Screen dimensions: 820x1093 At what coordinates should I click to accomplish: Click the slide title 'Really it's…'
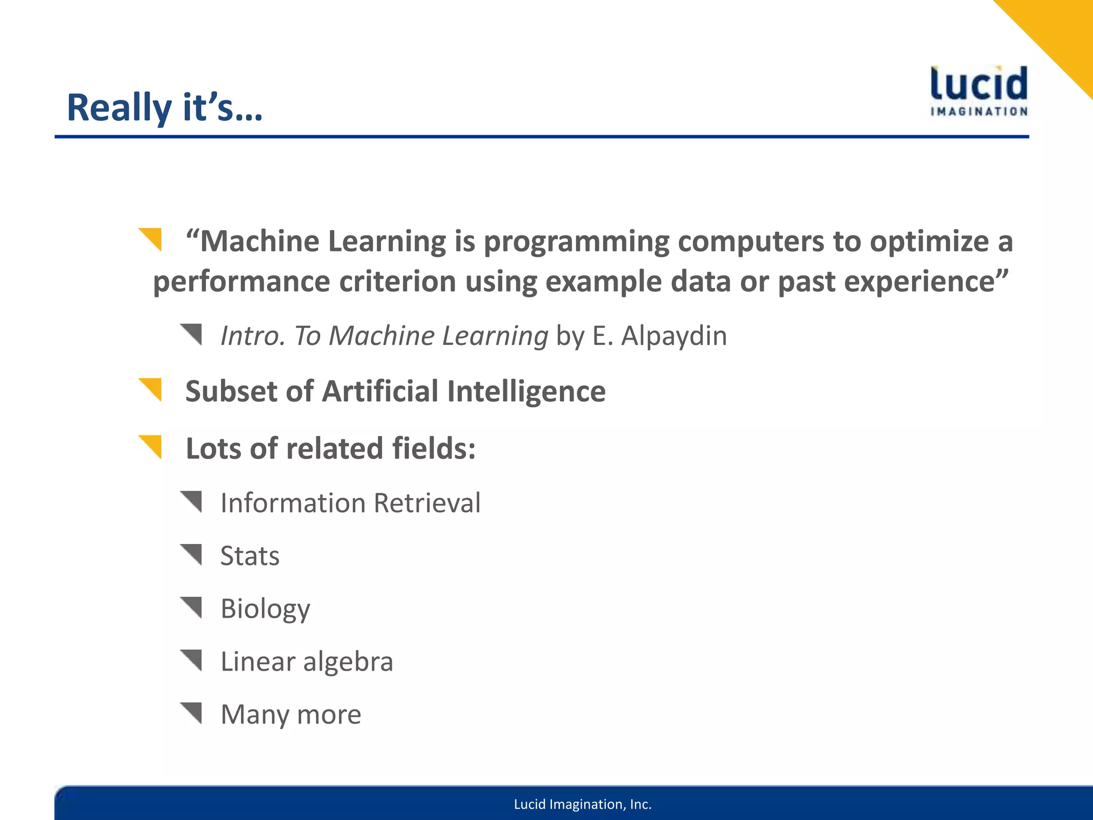tap(164, 108)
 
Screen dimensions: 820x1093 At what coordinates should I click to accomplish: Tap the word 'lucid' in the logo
tap(979, 84)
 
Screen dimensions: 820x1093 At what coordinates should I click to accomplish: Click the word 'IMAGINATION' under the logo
tap(979, 112)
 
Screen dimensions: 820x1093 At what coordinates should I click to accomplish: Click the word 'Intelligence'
tap(526, 391)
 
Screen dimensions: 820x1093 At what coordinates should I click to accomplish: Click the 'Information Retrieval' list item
tap(350, 503)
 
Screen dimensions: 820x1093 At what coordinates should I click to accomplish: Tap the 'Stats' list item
tap(250, 556)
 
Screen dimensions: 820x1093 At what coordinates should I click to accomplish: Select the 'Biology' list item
tap(265, 609)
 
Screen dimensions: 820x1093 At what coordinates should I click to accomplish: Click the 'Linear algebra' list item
tap(306, 661)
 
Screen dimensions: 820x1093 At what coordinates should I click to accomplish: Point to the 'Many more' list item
tap(290, 714)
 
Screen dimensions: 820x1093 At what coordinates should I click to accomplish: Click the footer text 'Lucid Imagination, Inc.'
tap(582, 804)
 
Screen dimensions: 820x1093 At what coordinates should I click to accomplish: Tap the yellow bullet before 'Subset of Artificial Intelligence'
tap(152, 389)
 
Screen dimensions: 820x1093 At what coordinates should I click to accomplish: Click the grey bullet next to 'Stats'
tap(192, 554)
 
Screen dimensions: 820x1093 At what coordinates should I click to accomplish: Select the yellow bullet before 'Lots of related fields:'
tap(152, 446)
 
